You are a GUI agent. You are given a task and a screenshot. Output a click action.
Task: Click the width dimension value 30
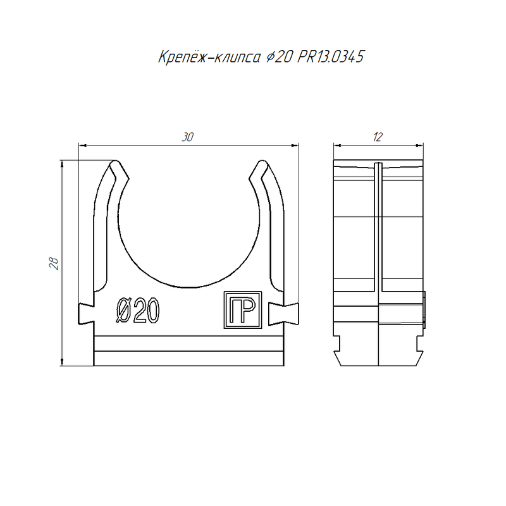click(187, 137)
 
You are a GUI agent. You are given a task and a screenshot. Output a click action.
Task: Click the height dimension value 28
click(54, 263)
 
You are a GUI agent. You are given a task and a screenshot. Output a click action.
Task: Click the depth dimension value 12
click(378, 137)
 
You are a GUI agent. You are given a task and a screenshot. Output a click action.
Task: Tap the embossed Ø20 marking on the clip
click(138, 310)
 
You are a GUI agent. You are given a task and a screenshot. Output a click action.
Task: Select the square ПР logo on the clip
click(243, 310)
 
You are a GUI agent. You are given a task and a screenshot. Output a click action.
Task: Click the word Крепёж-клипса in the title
click(209, 57)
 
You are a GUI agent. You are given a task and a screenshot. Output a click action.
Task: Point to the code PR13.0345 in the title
click(331, 57)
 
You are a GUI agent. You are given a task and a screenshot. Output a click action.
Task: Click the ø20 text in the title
click(280, 57)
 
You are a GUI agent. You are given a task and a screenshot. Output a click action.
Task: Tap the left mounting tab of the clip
click(86, 314)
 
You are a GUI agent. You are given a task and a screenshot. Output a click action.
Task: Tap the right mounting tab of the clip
click(283, 314)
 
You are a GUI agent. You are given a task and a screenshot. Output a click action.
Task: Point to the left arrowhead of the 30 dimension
click(83, 145)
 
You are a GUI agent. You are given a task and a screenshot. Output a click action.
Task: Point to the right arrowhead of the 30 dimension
click(295, 145)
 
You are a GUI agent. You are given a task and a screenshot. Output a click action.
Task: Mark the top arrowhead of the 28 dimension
click(62, 164)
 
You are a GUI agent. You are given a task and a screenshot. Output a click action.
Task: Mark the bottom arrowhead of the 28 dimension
click(62, 362)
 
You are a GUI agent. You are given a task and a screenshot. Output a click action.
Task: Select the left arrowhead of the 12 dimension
click(338, 145)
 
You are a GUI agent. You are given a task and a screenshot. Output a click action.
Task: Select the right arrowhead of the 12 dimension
click(419, 145)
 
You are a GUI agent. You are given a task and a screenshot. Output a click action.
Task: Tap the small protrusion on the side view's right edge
click(424, 310)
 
